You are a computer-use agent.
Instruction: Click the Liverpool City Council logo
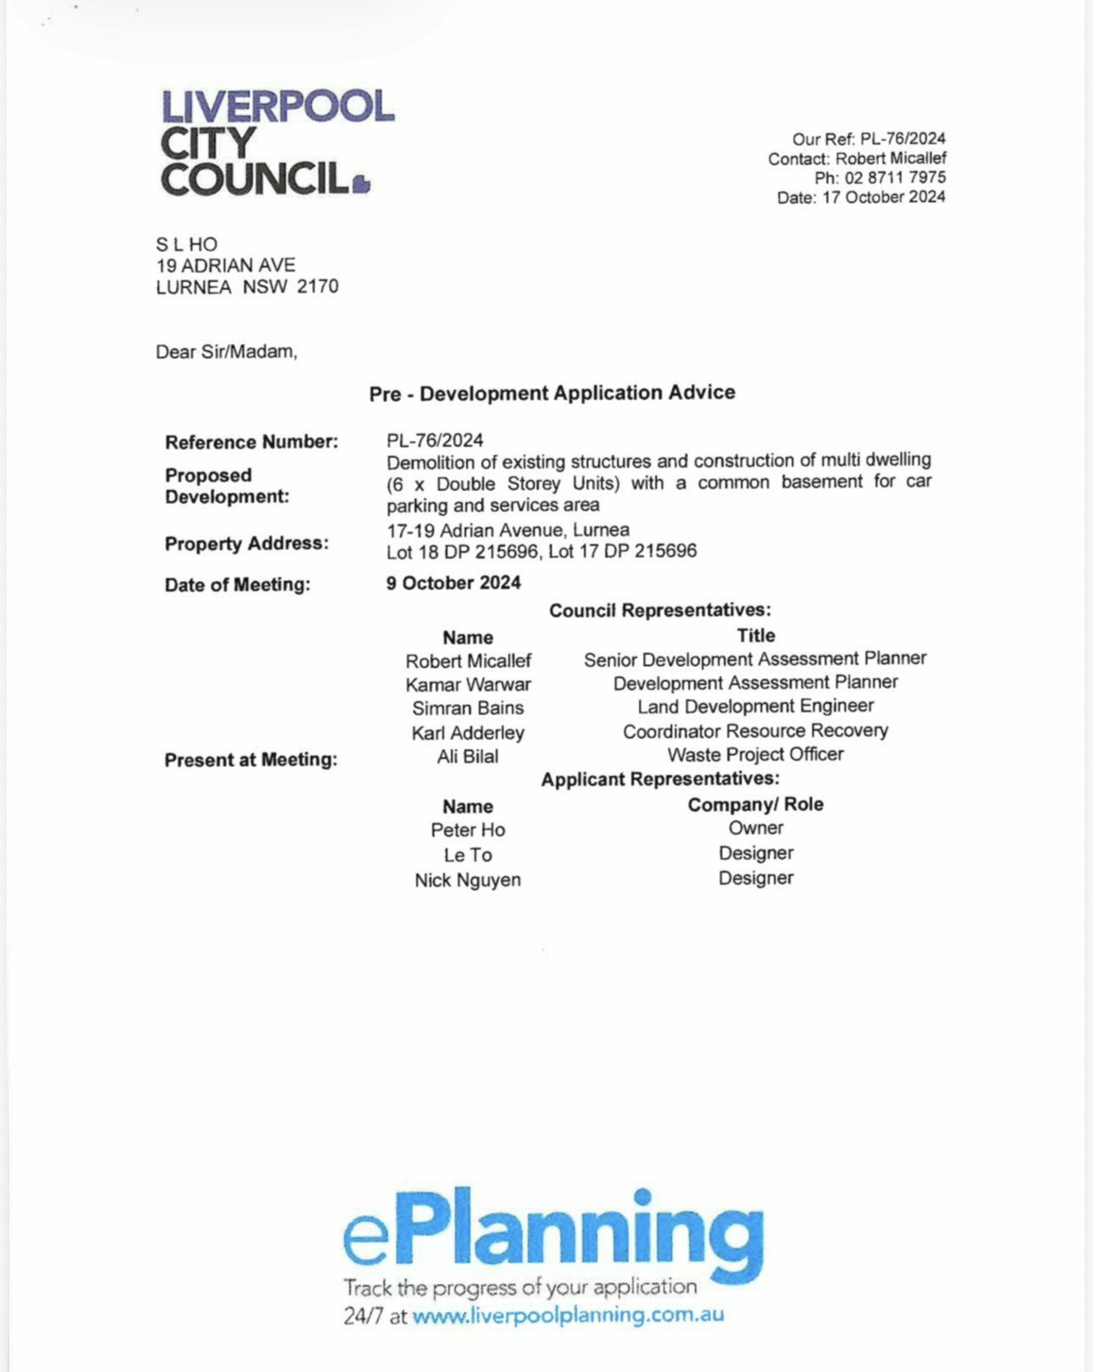277,142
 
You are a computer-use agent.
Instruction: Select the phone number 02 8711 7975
894,178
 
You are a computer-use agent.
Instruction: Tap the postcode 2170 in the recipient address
318,287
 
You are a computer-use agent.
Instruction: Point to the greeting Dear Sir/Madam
226,352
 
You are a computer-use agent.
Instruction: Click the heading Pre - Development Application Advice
552,393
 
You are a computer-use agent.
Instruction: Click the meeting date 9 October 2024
453,584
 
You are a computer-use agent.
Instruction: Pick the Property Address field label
247,544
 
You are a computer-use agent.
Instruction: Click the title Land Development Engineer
755,706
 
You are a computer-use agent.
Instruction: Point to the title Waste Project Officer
755,755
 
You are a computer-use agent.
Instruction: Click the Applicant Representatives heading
660,779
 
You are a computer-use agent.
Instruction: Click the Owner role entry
755,828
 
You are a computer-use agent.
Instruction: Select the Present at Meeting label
250,760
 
